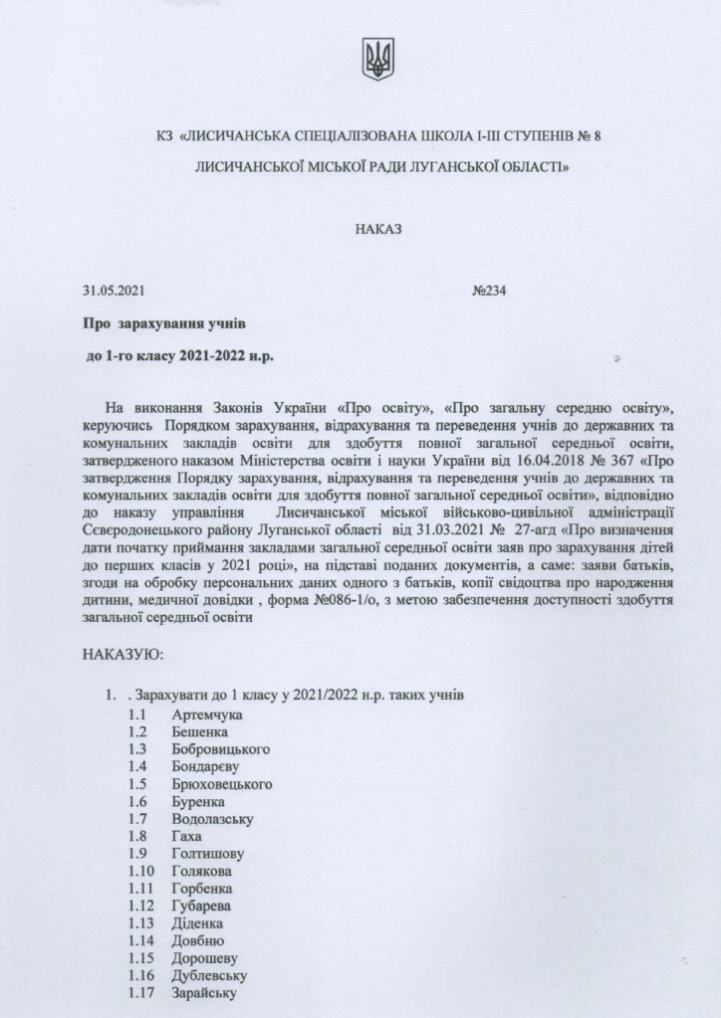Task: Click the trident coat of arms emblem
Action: [377, 59]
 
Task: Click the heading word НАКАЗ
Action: [377, 229]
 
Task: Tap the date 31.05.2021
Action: [116, 293]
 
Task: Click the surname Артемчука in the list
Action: [206, 715]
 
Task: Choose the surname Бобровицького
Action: [220, 749]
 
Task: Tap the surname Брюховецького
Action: [222, 784]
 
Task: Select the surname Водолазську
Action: [212, 819]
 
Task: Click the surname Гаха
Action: [186, 836]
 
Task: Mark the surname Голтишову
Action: [208, 853]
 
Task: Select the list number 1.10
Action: [141, 871]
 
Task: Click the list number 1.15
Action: [141, 957]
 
